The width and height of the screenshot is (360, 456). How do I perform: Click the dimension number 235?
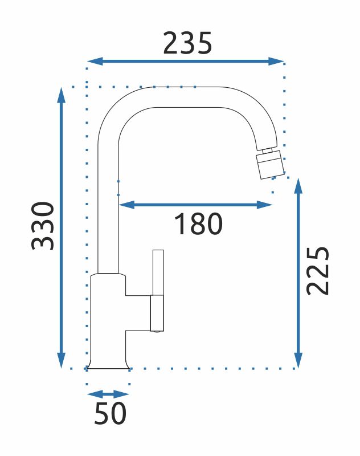(187, 43)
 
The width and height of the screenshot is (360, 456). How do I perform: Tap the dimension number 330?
(43, 226)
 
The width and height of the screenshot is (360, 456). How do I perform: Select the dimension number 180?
(198, 224)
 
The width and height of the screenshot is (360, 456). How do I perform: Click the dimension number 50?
(110, 413)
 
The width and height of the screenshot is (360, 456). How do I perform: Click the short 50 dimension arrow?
(108, 394)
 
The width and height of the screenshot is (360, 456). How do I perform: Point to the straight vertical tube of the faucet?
(108, 217)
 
